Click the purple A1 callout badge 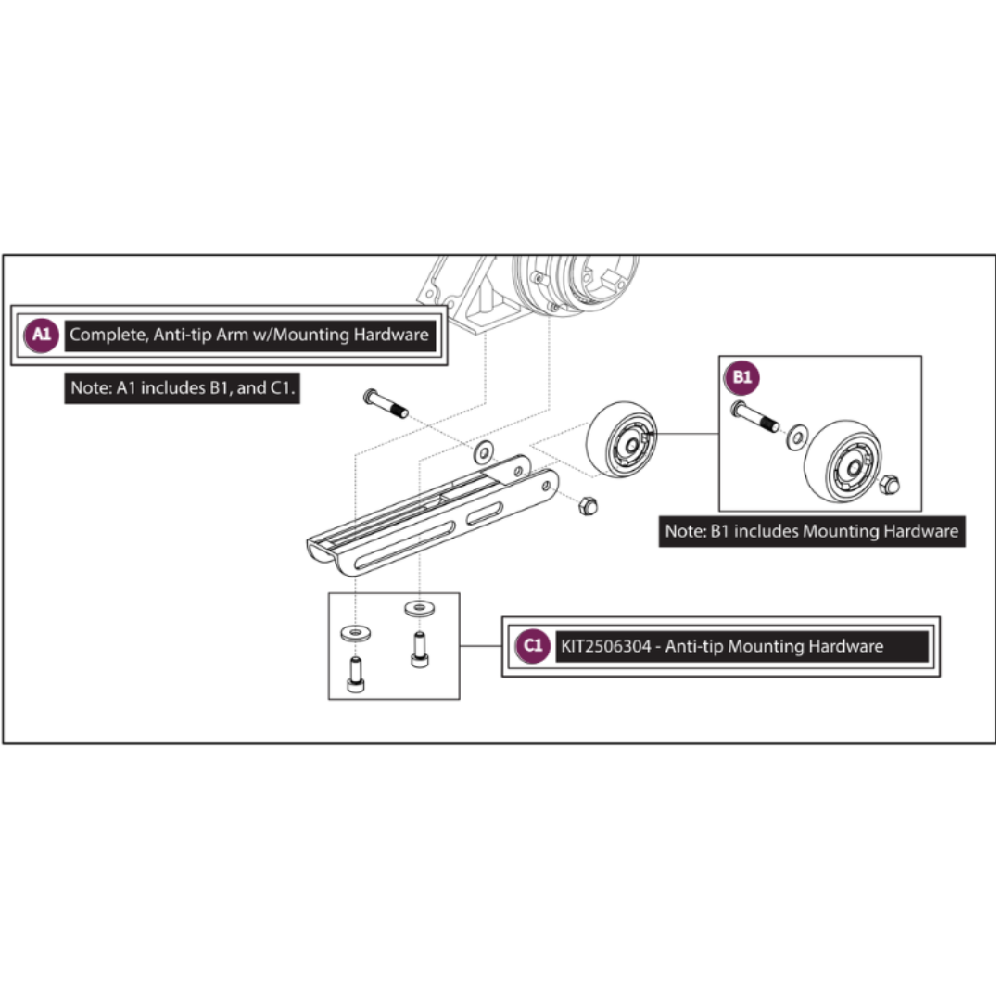[x=42, y=335]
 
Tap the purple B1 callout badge [x=741, y=377]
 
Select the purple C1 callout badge [x=532, y=646]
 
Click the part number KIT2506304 [x=606, y=647]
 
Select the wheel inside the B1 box [x=843, y=461]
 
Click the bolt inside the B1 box [x=755, y=416]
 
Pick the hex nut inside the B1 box [x=889, y=485]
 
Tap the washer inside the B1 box [x=797, y=437]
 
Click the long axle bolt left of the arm [x=386, y=403]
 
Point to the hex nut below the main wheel [x=588, y=506]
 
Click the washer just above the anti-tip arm [x=484, y=452]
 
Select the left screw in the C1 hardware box [x=356, y=674]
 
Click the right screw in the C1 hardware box [x=420, y=649]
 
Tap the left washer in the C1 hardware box [x=356, y=633]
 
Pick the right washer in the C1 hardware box [x=420, y=608]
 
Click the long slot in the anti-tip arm [x=405, y=545]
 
